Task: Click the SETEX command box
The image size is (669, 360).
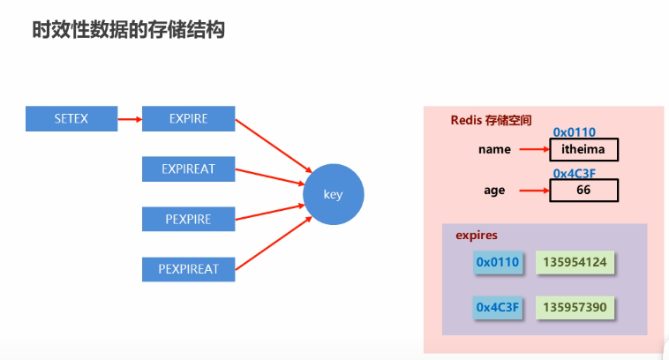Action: [71, 118]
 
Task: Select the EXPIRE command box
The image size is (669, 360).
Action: [188, 118]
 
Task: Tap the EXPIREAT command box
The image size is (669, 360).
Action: [188, 169]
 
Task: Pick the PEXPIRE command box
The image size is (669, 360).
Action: [188, 219]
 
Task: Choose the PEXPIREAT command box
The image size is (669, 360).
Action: [188, 268]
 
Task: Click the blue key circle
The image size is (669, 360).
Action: [334, 194]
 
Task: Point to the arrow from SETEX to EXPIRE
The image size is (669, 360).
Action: [130, 118]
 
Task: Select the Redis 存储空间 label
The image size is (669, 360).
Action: [491, 120]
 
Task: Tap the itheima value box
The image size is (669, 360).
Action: [583, 149]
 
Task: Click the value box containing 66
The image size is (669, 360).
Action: [583, 190]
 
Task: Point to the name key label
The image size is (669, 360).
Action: [494, 149]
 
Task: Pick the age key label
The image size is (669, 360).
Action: [494, 190]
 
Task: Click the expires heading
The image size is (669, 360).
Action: [477, 236]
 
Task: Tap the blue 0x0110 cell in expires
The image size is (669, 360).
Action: [498, 262]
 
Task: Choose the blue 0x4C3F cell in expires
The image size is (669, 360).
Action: [498, 307]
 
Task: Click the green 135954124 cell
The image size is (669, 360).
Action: [575, 262]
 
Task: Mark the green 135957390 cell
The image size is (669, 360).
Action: [575, 307]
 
